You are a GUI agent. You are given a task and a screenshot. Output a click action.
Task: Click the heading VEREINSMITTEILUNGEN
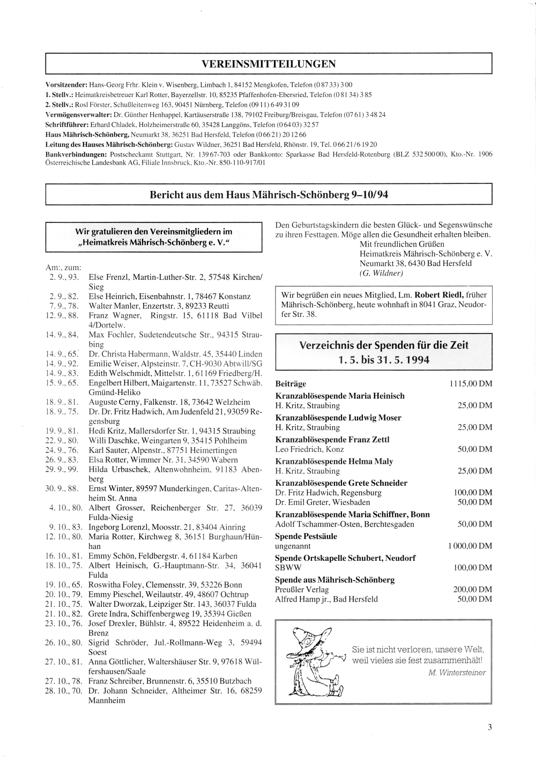(x=269, y=64)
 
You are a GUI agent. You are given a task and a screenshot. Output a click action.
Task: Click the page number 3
(x=490, y=728)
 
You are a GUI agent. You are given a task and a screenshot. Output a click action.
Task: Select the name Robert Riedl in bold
(x=442, y=294)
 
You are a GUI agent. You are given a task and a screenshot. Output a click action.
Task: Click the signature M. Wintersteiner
(x=457, y=673)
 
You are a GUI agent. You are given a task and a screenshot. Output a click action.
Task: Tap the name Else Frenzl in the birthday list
(x=108, y=277)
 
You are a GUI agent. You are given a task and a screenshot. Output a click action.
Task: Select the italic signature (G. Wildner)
(x=381, y=273)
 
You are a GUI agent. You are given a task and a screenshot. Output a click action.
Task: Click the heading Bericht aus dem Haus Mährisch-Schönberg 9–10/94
(x=269, y=195)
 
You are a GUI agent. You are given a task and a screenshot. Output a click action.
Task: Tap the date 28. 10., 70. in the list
(x=63, y=691)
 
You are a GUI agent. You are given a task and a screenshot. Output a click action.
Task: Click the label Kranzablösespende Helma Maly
(x=334, y=462)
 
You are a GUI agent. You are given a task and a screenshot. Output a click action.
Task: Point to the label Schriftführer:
(x=67, y=124)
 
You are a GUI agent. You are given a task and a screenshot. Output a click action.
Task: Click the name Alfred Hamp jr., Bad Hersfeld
(x=326, y=599)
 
